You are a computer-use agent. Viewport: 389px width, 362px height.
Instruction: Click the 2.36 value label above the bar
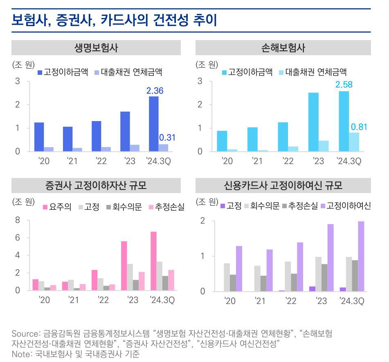[x=155, y=91]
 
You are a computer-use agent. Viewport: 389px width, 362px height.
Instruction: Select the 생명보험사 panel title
[x=96, y=48]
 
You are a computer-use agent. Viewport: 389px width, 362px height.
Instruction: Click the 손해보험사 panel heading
[x=283, y=48]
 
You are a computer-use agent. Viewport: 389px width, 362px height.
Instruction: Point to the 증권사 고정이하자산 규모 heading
[x=96, y=186]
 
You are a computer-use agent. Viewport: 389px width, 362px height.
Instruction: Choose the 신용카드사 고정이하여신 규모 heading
[x=283, y=186]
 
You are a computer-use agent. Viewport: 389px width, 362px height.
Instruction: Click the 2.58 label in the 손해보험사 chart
[x=344, y=85]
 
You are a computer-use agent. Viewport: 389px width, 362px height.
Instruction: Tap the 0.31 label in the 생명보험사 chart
[x=167, y=138]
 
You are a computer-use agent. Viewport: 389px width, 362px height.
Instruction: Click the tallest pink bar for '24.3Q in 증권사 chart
[x=153, y=261]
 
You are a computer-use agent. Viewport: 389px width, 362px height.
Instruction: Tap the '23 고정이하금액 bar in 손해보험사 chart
[x=313, y=122]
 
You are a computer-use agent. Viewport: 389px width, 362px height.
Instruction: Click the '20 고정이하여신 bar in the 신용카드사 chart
[x=239, y=269]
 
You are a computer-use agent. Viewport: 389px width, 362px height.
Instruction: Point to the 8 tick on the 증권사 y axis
[x=17, y=220]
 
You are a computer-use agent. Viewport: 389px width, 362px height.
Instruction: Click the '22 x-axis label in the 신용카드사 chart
[x=291, y=301]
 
